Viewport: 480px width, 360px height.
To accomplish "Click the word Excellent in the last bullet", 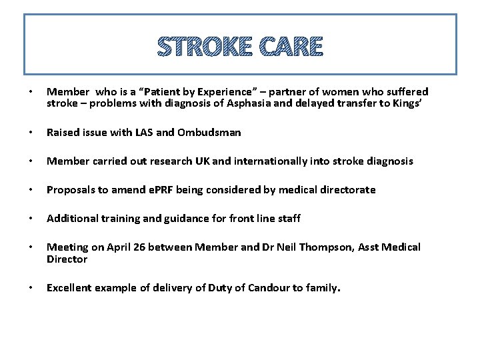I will click(69, 288).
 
